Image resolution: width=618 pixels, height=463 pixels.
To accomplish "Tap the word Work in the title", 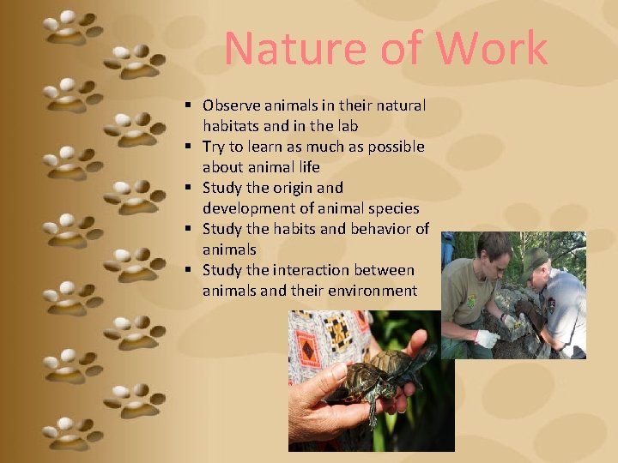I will click(x=492, y=49).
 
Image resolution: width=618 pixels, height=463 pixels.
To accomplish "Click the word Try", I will click(x=215, y=147).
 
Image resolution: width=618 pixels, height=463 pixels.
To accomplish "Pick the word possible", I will click(x=393, y=147).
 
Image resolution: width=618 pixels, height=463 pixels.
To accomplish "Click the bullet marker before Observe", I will click(x=185, y=105).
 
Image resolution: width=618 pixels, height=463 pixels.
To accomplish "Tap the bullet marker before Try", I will click(x=185, y=147).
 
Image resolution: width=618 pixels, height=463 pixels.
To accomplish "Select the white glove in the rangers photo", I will click(x=488, y=339).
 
